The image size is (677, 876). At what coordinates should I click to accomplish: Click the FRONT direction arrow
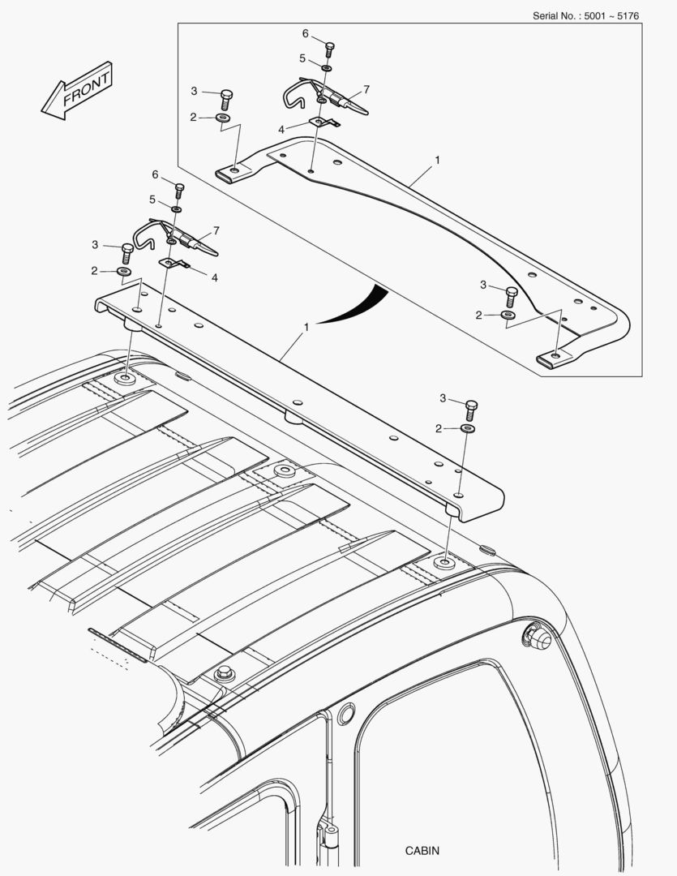tap(77, 91)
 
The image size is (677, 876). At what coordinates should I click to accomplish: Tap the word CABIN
tap(422, 850)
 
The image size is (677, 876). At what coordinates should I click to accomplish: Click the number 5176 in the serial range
tap(628, 15)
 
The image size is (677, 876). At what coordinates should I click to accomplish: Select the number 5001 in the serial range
tap(595, 15)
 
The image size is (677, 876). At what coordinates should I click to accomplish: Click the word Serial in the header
tap(545, 15)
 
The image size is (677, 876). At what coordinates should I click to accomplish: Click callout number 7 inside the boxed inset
tap(366, 89)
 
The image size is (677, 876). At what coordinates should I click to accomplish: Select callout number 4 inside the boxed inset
tap(281, 130)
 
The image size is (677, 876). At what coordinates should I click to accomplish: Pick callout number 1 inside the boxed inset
tap(437, 160)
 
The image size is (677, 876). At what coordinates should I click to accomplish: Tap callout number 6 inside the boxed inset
tap(306, 33)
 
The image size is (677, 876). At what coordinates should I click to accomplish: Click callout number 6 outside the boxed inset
tap(156, 175)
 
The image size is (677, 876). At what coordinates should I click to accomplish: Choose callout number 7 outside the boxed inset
tap(216, 230)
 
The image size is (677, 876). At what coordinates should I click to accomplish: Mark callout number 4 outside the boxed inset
tap(215, 277)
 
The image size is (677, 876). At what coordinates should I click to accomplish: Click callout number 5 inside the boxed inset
tap(302, 58)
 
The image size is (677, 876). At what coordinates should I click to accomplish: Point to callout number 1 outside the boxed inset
tap(306, 328)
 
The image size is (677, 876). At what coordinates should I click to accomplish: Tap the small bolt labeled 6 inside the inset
tap(329, 49)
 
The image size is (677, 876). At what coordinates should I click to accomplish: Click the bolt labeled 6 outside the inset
tap(179, 190)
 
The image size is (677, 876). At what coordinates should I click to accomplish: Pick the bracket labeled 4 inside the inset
tap(324, 122)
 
